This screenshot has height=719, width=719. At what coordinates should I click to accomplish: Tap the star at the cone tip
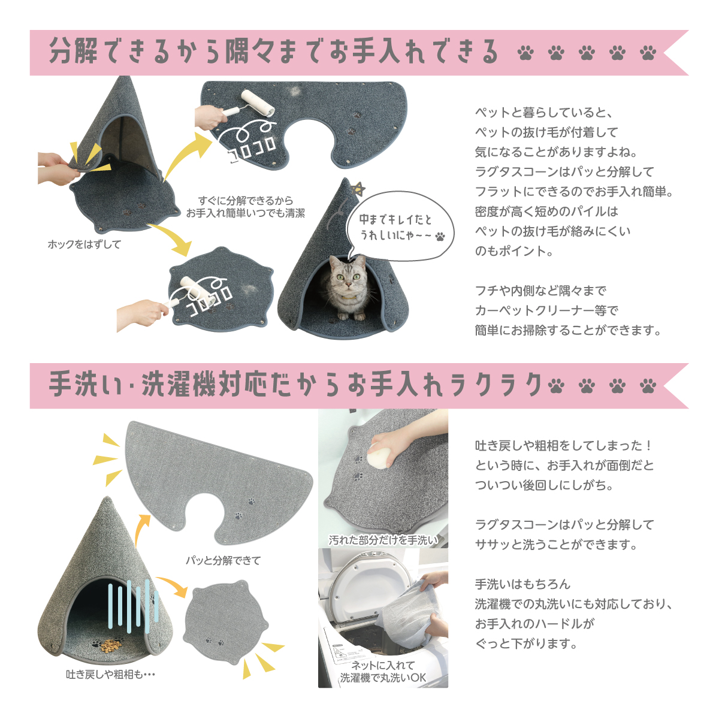(358, 189)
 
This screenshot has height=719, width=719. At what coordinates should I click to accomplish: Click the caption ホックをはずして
(84, 244)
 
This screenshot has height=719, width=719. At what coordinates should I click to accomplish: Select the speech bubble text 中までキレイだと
(395, 219)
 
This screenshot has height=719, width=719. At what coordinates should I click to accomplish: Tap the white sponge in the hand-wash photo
(379, 455)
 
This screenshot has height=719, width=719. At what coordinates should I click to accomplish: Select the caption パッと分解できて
(223, 560)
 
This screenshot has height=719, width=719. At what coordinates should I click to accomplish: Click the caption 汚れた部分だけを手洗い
(383, 540)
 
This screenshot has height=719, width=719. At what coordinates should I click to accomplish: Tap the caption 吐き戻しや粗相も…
(110, 674)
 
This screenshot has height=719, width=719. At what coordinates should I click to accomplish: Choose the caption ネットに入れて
(383, 665)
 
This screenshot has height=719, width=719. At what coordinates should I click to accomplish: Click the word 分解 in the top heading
(73, 50)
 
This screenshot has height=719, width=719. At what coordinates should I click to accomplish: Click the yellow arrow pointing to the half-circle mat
(183, 153)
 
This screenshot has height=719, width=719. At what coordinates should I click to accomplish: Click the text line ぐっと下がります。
(527, 644)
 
